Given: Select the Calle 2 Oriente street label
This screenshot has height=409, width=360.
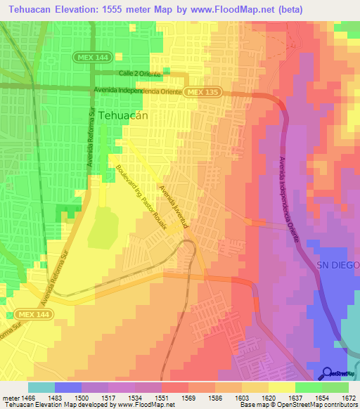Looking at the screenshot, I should coord(141,73).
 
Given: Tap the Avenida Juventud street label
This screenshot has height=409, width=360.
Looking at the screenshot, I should coord(174,207).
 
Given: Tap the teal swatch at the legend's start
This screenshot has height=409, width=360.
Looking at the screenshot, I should coord(41,387).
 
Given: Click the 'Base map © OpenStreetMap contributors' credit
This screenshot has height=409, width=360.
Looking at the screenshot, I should coord(299,405).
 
